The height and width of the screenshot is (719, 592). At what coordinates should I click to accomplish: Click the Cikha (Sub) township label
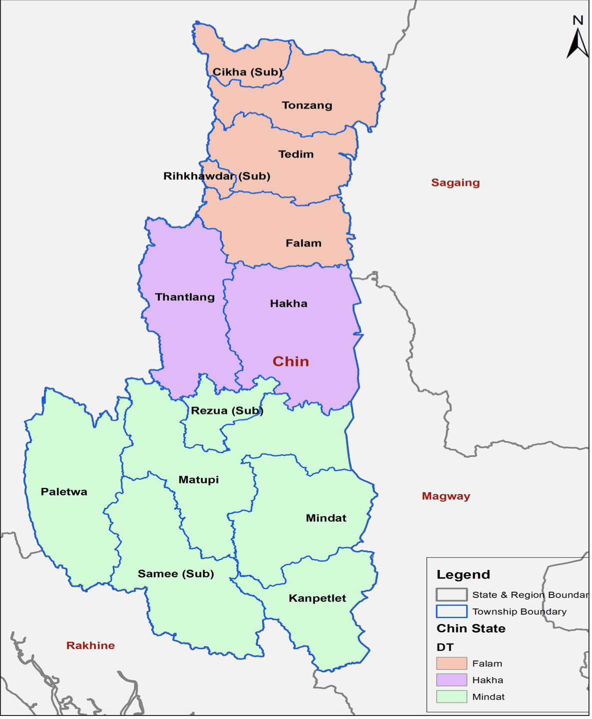[x=248, y=72]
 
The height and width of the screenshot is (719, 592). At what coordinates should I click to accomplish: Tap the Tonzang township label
[x=307, y=105]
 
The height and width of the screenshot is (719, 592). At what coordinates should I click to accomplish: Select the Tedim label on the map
[x=296, y=154]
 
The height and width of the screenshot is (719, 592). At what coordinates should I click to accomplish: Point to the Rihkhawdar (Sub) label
[x=217, y=176]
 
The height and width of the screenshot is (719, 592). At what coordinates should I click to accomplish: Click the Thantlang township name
[x=185, y=297]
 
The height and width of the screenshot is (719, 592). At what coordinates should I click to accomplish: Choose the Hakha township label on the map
[x=289, y=304]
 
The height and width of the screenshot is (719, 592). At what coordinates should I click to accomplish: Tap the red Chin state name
[x=291, y=361]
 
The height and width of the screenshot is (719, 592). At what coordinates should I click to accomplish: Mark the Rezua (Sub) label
[x=227, y=411]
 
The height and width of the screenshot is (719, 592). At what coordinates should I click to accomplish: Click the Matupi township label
[x=199, y=480]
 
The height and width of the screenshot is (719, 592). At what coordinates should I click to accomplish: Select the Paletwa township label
[x=64, y=492]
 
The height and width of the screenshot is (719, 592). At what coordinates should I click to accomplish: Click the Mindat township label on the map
[x=326, y=518]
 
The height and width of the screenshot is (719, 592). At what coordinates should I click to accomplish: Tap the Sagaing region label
[x=456, y=183]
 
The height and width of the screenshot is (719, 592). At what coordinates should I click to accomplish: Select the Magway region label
[x=446, y=496]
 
